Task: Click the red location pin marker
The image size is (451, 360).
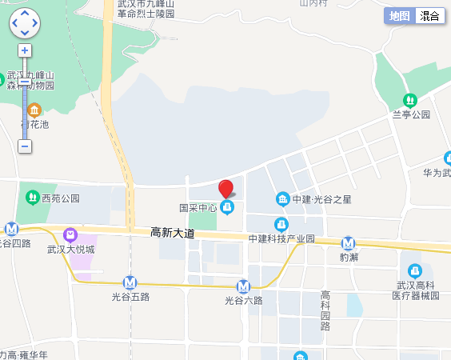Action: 226,189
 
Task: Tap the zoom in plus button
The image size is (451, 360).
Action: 25,50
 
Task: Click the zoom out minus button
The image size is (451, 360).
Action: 25,146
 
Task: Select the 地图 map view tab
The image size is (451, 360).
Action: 399,16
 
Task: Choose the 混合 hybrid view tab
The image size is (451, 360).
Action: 429,16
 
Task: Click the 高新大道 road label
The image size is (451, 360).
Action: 173,233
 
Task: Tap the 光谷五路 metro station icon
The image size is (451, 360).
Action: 130,282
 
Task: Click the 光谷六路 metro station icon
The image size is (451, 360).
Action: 244,286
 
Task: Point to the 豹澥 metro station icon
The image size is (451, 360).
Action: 348,243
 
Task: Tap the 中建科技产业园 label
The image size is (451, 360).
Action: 281,238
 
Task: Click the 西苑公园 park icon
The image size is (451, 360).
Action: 32,197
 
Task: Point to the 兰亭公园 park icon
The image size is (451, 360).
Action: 410,101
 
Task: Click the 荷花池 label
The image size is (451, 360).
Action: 34,125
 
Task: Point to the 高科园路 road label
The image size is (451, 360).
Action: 325,310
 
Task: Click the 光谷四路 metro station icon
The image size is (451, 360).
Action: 11,229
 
